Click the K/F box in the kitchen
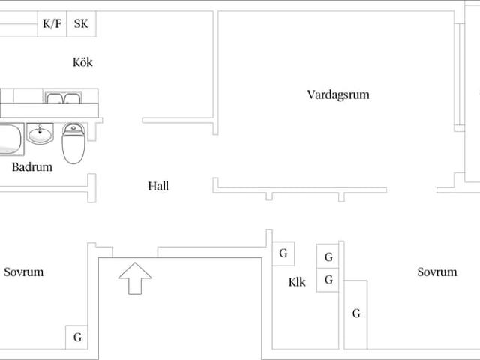click(52, 24)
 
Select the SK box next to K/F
click(81, 24)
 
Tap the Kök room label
click(82, 62)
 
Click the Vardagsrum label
click(338, 95)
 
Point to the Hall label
click(158, 186)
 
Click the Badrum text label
click(32, 167)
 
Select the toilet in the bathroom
click(73, 142)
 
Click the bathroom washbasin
click(40, 136)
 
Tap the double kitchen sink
click(63, 99)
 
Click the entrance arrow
click(135, 277)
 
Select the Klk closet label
click(297, 283)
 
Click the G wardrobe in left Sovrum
click(77, 337)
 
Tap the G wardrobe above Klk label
click(283, 253)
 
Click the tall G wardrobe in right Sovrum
click(356, 313)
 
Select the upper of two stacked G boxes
click(328, 257)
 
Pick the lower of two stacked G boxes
click(328, 280)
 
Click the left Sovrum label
click(24, 272)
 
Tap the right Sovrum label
click(436, 272)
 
